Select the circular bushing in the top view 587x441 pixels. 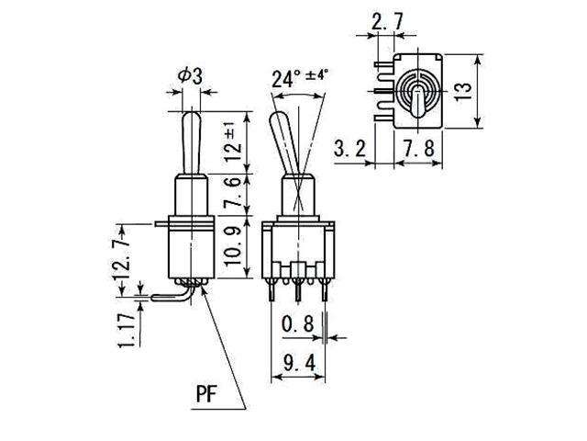pyautogui.click(x=415, y=91)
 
